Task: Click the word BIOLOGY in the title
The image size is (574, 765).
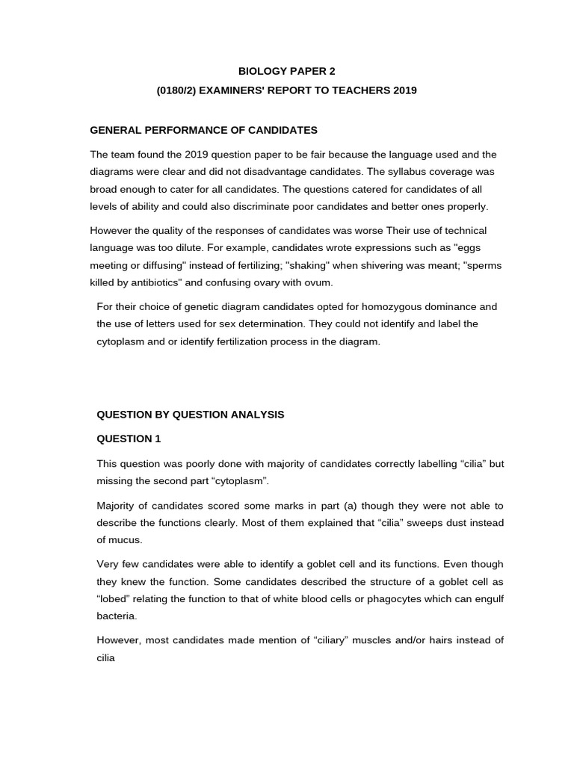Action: (262, 71)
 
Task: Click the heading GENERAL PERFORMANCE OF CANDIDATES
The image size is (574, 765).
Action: (203, 130)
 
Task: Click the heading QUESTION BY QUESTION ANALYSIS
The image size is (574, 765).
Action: (191, 414)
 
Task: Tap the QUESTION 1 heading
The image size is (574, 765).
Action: (129, 439)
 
